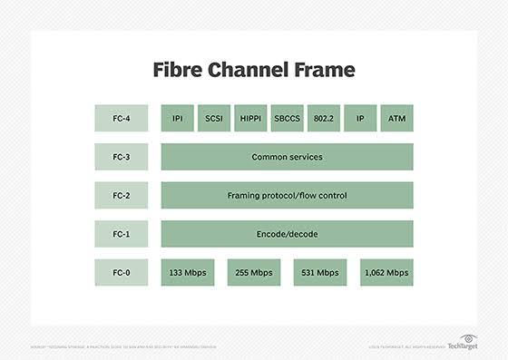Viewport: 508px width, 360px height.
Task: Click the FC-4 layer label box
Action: pyautogui.click(x=121, y=118)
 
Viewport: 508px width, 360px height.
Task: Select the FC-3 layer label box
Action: pyautogui.click(x=121, y=157)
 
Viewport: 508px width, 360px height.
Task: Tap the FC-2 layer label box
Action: pyautogui.click(x=121, y=195)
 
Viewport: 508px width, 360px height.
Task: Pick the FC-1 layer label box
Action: pyautogui.click(x=121, y=233)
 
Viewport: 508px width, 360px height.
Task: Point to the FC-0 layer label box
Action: pyautogui.click(x=121, y=272)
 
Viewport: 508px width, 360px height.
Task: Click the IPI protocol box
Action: pyautogui.click(x=178, y=118)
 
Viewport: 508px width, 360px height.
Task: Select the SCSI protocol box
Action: pyautogui.click(x=214, y=118)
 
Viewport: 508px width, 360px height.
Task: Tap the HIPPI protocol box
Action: pyautogui.click(x=250, y=118)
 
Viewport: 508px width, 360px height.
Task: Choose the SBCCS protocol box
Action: pyautogui.click(x=287, y=118)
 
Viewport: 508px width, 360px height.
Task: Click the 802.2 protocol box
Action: pyautogui.click(x=324, y=118)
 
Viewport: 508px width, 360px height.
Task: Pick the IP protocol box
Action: pyautogui.click(x=360, y=118)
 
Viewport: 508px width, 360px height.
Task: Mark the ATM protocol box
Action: pyautogui.click(x=396, y=118)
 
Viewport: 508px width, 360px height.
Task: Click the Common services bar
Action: pyautogui.click(x=287, y=157)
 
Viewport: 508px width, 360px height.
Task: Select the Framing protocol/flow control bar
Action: pyautogui.click(x=287, y=195)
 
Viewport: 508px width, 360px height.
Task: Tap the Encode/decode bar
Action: pyautogui.click(x=287, y=233)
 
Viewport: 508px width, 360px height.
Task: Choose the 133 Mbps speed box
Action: pyautogui.click(x=188, y=272)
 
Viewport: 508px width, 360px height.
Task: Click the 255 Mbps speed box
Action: pyautogui.click(x=254, y=272)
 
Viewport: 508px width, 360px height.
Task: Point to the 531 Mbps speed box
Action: pyautogui.click(x=320, y=272)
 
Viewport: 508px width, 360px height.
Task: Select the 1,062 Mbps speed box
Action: pyautogui.click(x=386, y=272)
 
